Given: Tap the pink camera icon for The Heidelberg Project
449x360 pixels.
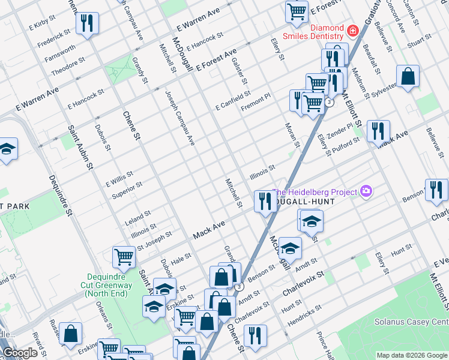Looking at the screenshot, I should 366,191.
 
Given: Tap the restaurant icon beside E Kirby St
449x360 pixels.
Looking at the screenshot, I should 87,23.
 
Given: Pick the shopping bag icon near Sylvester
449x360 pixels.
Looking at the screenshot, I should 408,77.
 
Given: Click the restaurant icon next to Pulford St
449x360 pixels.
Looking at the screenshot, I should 378,131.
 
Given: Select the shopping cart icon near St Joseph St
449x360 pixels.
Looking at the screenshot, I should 124,257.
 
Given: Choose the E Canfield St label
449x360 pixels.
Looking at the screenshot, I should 233,100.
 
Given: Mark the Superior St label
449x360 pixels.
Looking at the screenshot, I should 127,190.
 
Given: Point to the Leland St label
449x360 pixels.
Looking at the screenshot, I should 138,215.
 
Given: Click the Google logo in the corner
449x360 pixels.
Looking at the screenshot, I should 20,353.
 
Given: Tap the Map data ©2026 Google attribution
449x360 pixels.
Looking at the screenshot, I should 411,355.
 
